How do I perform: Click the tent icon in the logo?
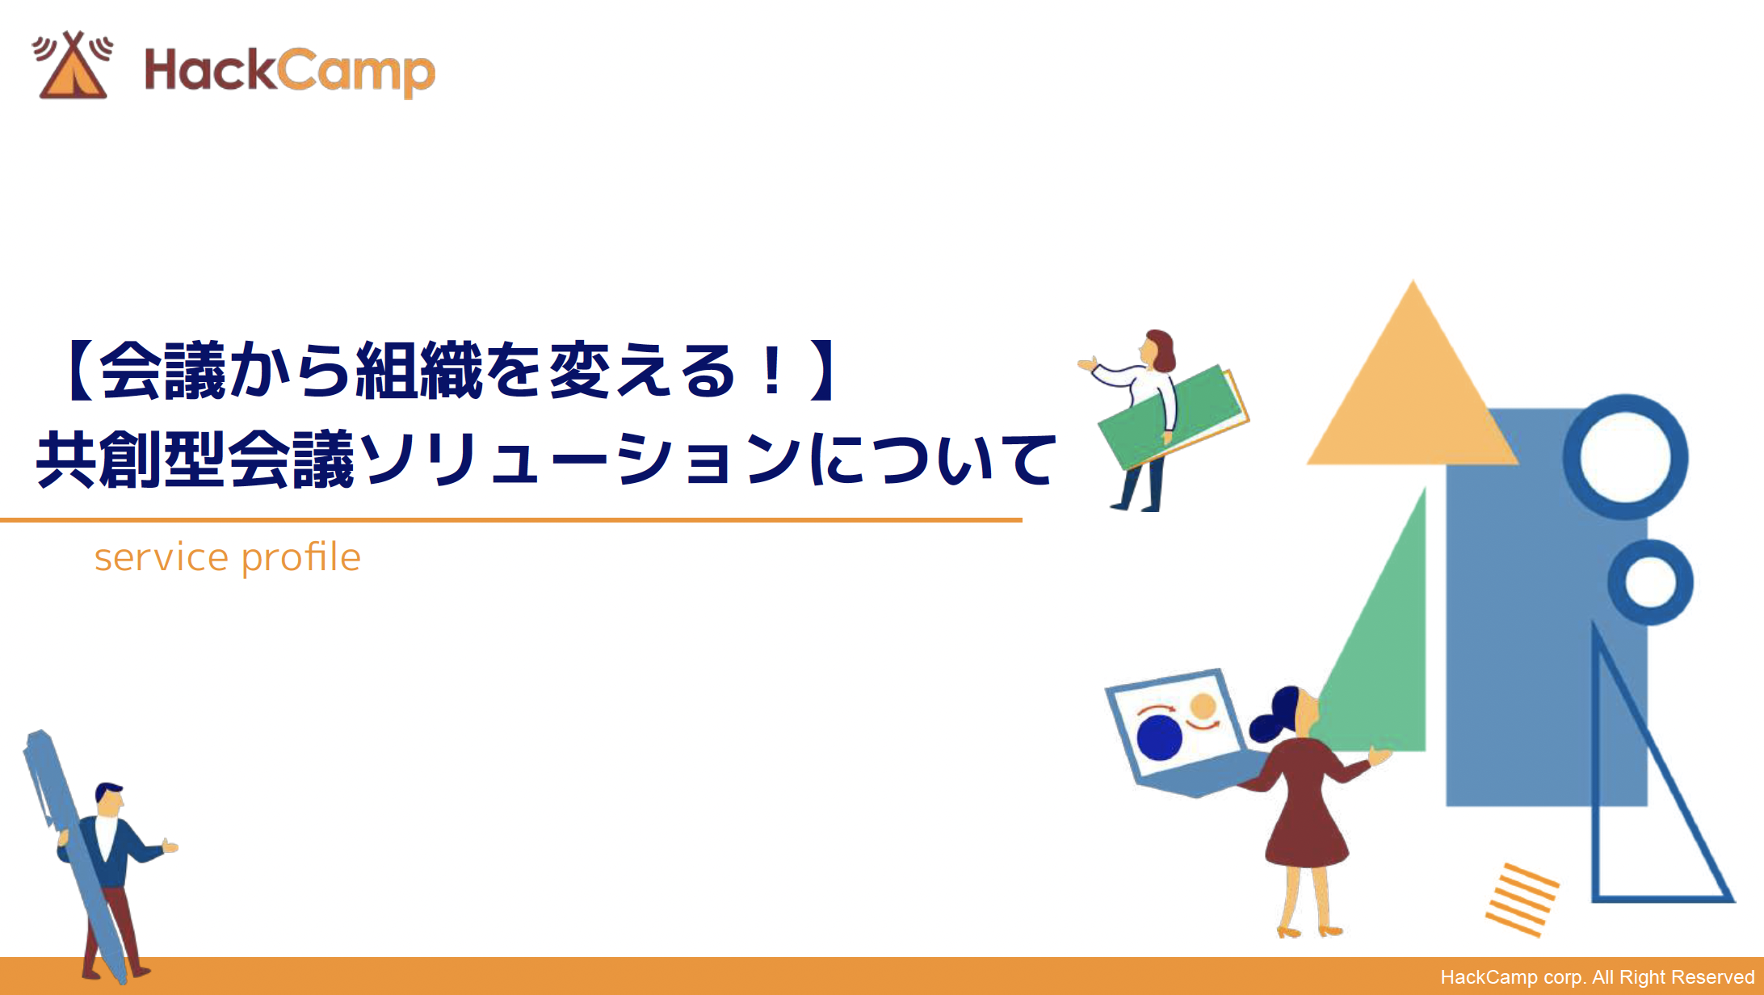73,68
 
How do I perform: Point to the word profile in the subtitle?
300,557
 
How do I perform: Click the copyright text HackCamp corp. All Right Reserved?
1597,977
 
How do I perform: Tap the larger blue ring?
1625,456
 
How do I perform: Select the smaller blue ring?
1650,581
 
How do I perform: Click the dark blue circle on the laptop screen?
1159,737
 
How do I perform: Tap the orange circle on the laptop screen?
1203,706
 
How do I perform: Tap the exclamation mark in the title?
771,372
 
